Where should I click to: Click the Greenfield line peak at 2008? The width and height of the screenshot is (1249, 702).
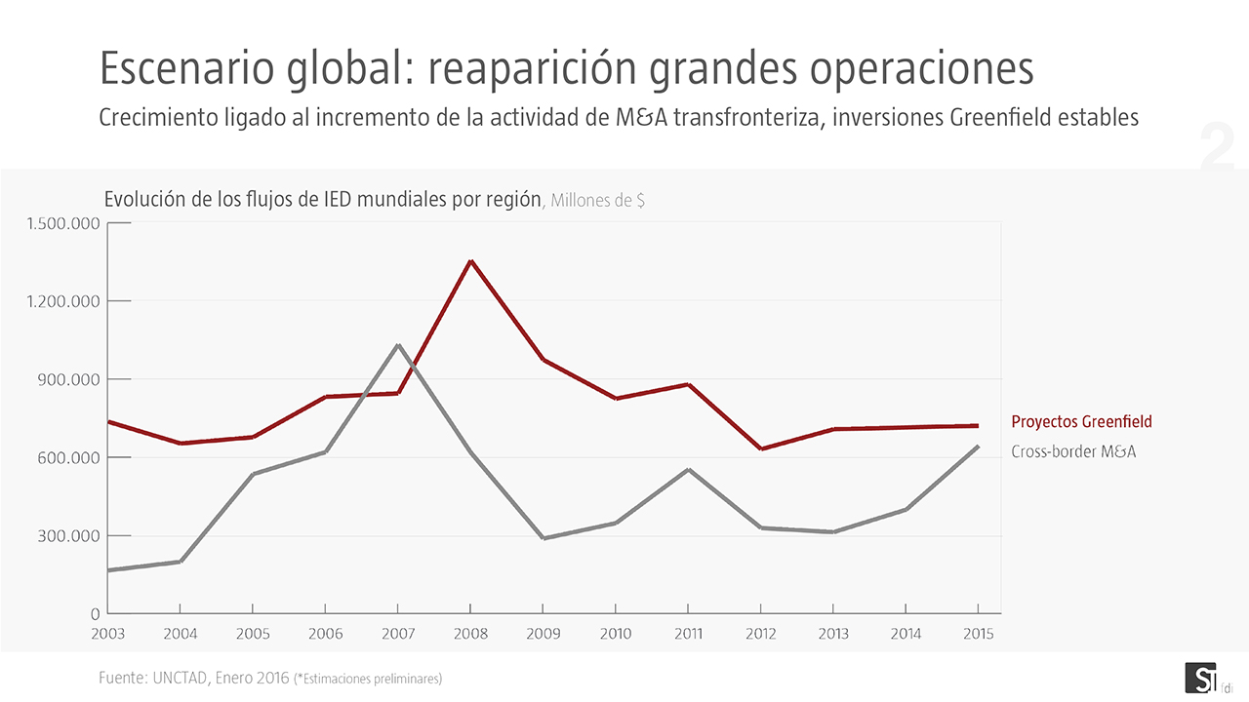click(x=470, y=261)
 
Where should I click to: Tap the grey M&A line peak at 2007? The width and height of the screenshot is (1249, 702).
click(x=398, y=345)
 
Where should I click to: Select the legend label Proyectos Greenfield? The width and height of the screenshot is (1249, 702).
click(x=1081, y=422)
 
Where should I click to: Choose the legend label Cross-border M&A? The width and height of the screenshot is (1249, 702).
click(x=1073, y=451)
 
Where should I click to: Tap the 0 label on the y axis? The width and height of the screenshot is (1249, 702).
click(x=95, y=614)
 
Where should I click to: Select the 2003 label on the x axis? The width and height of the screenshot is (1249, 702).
click(x=107, y=634)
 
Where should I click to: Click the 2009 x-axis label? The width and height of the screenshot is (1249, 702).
click(x=543, y=634)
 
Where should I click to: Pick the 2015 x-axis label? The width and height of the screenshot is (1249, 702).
click(x=978, y=634)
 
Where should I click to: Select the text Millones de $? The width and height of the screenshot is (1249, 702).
click(x=597, y=201)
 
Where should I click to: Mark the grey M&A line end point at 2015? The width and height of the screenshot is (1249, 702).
click(x=978, y=447)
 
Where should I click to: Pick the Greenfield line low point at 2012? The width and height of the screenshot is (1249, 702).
click(x=761, y=448)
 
